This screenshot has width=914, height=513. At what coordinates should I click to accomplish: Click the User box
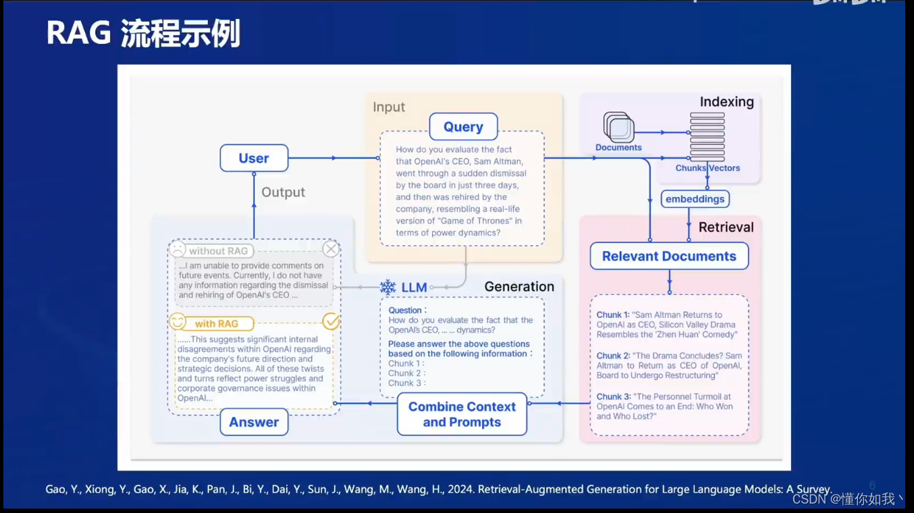tap(254, 159)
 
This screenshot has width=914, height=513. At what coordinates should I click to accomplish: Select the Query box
tap(463, 127)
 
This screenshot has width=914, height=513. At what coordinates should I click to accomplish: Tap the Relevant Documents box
tap(669, 256)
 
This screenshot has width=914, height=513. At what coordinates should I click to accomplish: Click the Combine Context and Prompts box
tap(462, 414)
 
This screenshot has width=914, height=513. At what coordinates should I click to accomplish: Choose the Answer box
tap(254, 423)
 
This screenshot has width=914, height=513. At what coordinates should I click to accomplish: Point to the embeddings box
tap(695, 199)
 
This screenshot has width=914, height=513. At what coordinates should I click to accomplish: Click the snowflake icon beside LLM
tap(388, 288)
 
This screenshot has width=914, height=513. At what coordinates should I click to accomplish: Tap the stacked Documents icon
tap(618, 127)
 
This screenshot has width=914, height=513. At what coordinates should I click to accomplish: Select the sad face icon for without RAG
tap(178, 250)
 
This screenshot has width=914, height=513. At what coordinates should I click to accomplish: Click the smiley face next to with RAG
tap(178, 322)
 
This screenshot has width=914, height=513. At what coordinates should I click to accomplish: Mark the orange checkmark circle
tap(331, 322)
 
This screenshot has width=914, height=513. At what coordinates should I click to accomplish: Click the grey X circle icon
tap(331, 249)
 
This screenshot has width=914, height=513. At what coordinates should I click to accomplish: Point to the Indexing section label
tap(726, 102)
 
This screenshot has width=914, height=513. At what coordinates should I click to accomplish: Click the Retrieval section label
tap(726, 227)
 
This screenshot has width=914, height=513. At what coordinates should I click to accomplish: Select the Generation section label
tap(519, 287)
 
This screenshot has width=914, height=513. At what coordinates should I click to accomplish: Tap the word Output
tap(283, 192)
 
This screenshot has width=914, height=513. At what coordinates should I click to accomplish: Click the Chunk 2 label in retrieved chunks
tap(612, 356)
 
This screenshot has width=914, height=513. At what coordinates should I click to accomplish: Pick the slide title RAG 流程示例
tap(143, 34)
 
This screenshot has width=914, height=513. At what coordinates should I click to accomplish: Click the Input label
tap(389, 107)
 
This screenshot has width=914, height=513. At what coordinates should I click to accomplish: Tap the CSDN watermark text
tap(847, 499)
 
